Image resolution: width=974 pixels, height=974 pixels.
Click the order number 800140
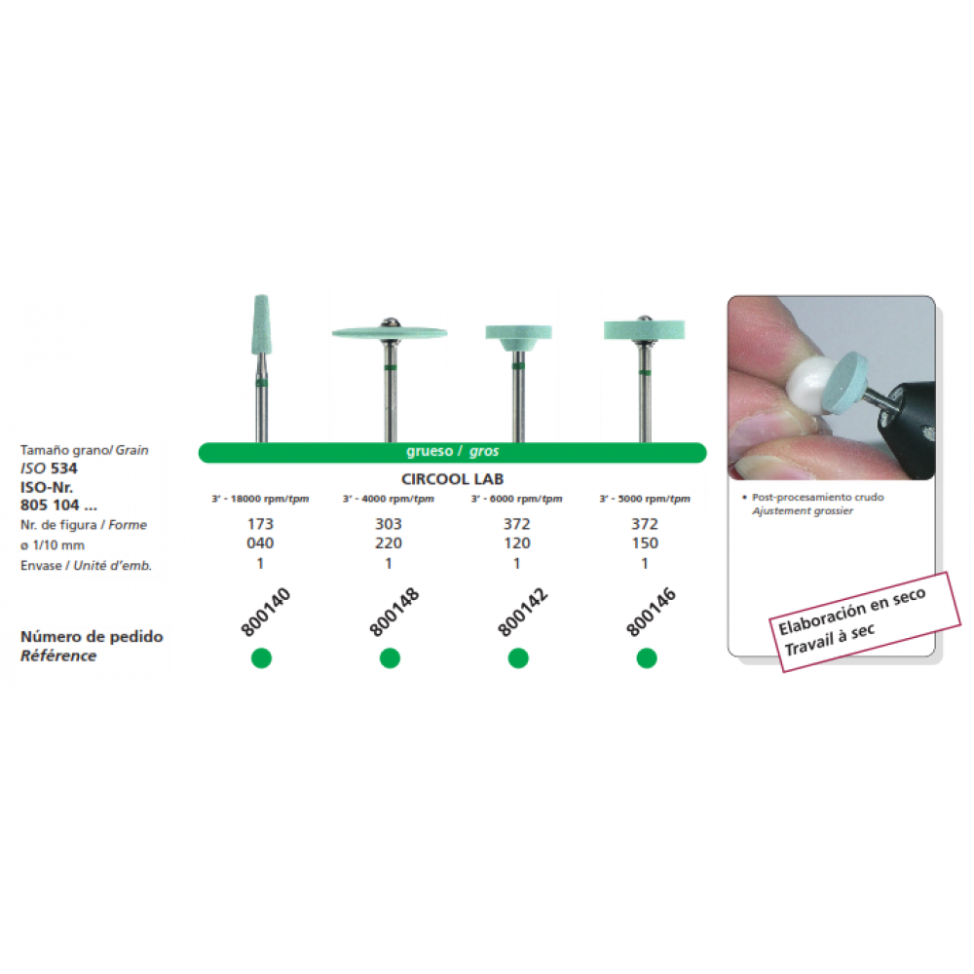(x=265, y=612)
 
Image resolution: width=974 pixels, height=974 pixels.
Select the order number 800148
(x=393, y=612)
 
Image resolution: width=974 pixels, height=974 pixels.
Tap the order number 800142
(x=522, y=612)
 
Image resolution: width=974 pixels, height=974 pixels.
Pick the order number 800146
(x=651, y=612)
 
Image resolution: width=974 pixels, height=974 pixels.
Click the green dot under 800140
(x=261, y=657)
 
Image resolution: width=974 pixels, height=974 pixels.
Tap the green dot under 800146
(x=647, y=657)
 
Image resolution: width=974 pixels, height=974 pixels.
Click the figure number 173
(x=260, y=524)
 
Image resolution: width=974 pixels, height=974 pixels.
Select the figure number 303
(x=389, y=524)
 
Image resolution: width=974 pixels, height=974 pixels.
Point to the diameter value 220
(x=389, y=543)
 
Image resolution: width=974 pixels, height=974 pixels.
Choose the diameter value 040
(x=260, y=543)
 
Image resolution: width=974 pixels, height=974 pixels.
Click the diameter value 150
(x=645, y=543)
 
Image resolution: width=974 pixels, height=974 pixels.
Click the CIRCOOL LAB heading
(x=452, y=479)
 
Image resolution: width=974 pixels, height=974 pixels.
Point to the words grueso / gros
(x=452, y=452)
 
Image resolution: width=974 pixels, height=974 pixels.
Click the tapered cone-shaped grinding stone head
(x=261, y=324)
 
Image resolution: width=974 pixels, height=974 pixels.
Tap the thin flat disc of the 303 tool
(x=390, y=332)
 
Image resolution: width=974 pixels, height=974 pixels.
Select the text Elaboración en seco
(x=851, y=612)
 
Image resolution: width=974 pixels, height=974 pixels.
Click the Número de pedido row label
(x=92, y=637)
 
